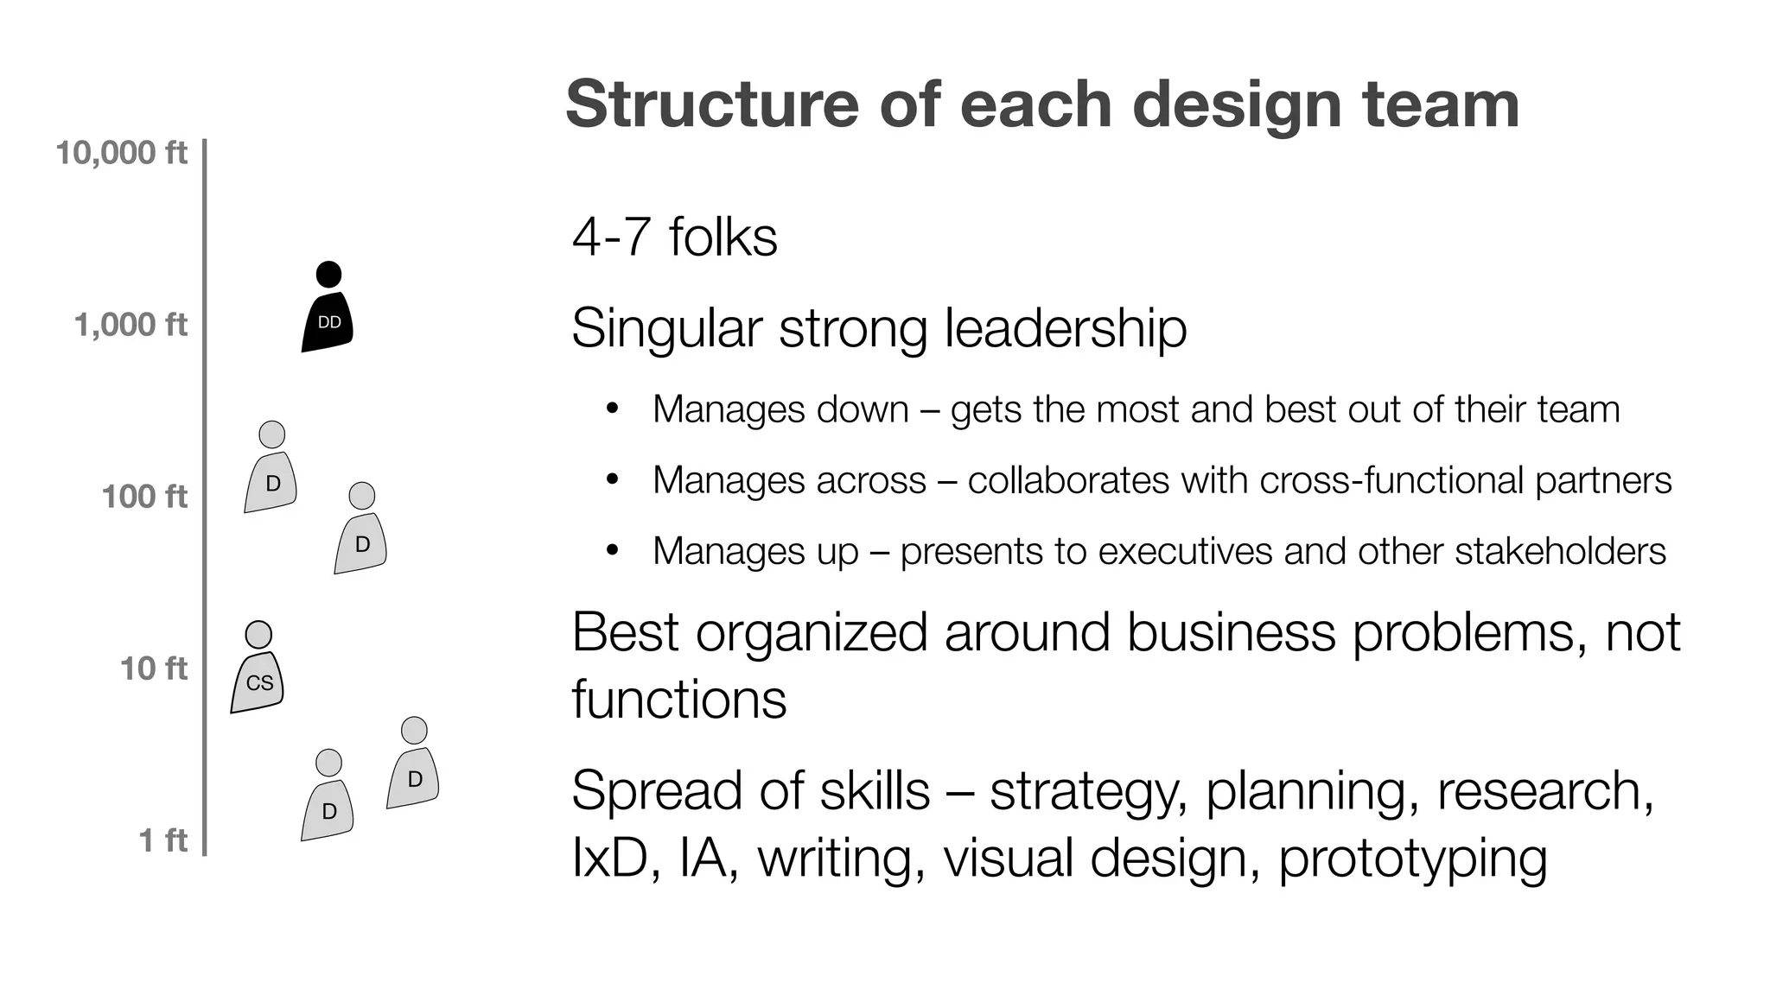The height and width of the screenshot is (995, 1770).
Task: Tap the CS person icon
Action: (258, 678)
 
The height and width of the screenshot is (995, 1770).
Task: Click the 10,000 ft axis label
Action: (121, 153)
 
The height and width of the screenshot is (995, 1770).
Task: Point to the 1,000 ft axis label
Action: (131, 325)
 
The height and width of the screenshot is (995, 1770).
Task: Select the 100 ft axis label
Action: (144, 497)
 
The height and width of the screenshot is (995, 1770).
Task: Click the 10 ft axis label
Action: (154, 669)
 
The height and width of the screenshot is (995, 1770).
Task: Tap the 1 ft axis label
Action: (163, 840)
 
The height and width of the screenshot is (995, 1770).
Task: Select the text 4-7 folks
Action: (674, 237)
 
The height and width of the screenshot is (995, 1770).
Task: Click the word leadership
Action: (1066, 328)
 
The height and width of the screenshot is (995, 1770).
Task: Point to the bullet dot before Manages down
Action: (613, 409)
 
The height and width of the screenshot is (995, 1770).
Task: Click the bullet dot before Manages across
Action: (613, 479)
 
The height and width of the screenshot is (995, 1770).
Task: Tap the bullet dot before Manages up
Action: (613, 550)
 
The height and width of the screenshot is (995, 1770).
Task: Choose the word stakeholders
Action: (1560, 551)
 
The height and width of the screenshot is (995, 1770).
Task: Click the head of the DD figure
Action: (328, 275)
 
